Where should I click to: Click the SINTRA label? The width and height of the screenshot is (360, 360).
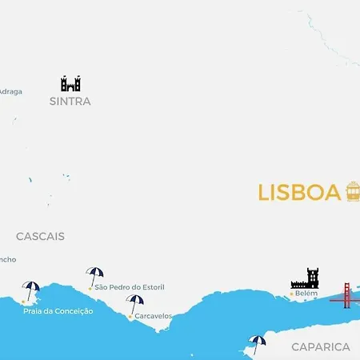point(70,102)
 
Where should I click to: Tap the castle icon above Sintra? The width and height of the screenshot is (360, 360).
point(70,83)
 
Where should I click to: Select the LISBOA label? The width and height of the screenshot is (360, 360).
point(299,193)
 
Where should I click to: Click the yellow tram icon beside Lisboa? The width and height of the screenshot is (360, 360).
point(353,191)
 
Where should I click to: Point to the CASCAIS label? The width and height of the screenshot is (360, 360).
point(40,236)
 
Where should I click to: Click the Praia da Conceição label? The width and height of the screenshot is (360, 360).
point(58,310)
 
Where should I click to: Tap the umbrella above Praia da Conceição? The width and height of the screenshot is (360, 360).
point(30,290)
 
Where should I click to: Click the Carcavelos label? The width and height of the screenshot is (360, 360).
point(154,316)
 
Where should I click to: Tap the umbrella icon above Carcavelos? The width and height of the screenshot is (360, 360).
point(135,303)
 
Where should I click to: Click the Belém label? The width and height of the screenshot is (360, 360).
point(306,294)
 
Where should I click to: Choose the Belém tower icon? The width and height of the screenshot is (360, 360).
point(305,279)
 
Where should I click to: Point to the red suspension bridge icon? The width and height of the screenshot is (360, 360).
point(346,295)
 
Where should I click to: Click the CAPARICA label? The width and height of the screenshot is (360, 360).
point(321,346)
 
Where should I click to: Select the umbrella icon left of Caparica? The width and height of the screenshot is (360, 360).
point(257,343)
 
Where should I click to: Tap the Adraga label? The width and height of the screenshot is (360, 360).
point(10,91)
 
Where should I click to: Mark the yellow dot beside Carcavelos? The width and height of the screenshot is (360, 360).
point(130,316)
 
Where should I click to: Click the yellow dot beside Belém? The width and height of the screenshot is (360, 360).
point(291,294)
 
